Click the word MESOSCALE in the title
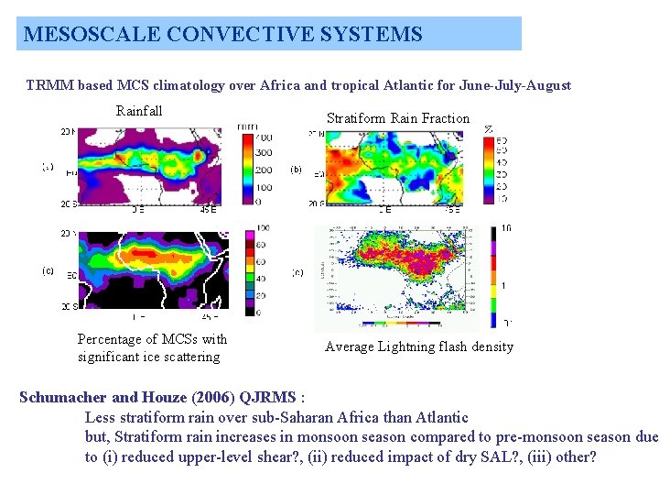81,35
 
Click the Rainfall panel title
139,111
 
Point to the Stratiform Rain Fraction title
398,118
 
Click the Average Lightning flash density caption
419,346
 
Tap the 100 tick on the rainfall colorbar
264,185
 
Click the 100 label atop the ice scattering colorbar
264,227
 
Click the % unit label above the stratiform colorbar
489,129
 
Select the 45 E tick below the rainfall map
209,209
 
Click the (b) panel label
297,170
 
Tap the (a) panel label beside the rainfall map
48,167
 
